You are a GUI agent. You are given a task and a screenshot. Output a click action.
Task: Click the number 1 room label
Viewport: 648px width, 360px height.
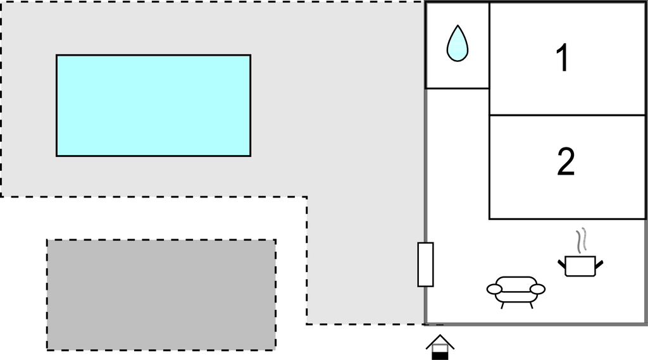coord(563,58)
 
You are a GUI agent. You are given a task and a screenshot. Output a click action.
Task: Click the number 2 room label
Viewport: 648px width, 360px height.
coord(566,161)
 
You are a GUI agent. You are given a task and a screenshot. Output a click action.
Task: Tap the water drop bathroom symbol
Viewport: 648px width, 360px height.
coord(458,44)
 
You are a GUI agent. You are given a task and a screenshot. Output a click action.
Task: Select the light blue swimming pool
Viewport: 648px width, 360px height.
coord(153,106)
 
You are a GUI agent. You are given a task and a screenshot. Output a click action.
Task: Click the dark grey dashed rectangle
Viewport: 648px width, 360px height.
coord(161,295)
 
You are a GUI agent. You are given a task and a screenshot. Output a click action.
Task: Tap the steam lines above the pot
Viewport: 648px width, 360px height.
coord(582,240)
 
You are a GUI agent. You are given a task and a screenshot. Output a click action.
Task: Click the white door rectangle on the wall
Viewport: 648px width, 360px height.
coord(425,264)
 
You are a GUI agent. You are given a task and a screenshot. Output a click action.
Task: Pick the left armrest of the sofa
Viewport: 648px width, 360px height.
coord(494,289)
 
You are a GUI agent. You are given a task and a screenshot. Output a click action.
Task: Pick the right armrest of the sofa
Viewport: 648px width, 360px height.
coord(538,289)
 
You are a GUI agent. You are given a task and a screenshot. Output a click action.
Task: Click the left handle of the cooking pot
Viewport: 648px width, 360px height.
coord(562,263)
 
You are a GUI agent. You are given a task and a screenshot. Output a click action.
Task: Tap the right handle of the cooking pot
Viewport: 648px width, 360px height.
coord(599,263)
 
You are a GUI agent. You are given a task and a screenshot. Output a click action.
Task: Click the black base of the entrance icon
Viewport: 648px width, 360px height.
coord(440,356)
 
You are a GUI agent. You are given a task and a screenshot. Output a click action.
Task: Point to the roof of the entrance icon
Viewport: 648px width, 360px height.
coord(440,342)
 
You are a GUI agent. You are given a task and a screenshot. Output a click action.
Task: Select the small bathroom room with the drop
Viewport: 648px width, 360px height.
coord(457,46)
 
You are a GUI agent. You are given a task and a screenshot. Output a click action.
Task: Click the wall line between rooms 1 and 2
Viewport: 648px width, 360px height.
coord(568,115)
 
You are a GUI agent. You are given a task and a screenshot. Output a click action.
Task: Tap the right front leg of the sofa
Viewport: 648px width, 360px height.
coord(531,305)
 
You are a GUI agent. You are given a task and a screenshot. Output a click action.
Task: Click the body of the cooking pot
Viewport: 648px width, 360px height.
coord(580,266)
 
